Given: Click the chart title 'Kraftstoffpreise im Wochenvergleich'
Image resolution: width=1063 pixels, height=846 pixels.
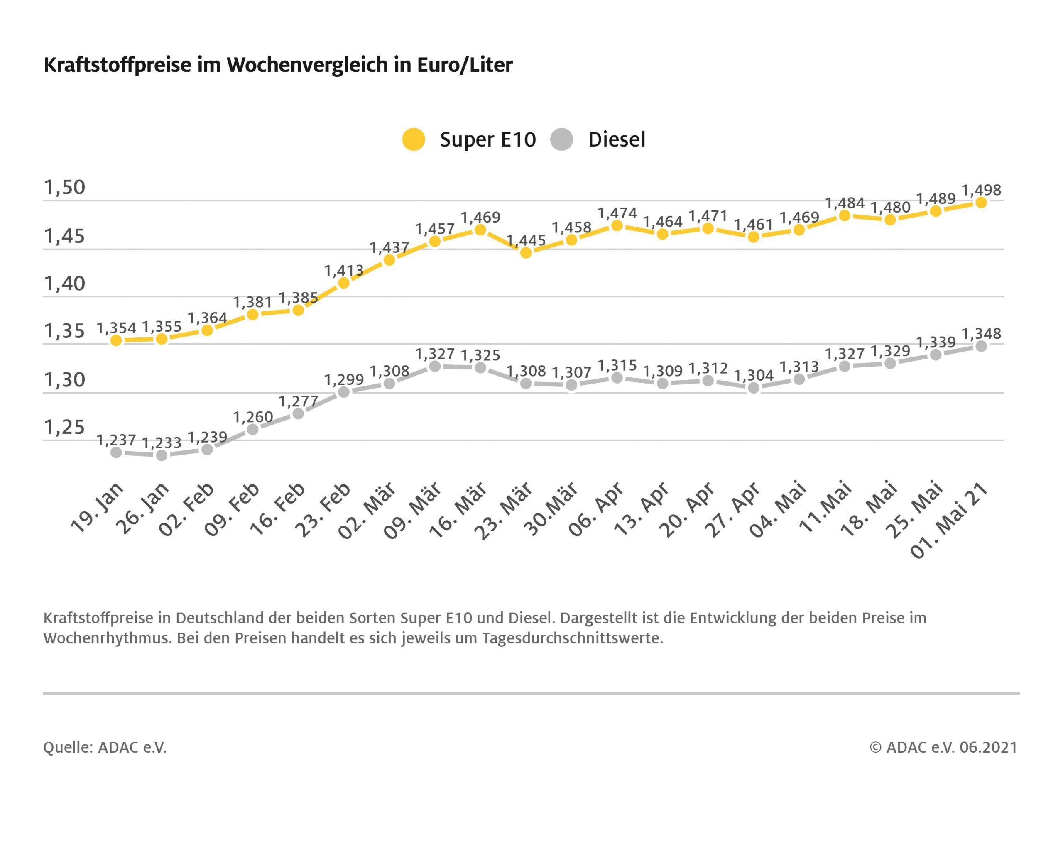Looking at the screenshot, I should [278, 65].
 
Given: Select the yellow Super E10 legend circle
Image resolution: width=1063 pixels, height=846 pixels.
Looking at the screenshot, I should [413, 139].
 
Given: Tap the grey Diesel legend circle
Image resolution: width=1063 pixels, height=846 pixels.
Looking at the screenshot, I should [561, 139].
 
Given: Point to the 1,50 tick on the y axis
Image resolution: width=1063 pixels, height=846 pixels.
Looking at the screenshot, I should [65, 187].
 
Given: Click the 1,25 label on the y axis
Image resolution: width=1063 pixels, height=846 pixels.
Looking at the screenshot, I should [65, 427].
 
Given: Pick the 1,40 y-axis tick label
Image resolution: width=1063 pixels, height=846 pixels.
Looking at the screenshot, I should [65, 284].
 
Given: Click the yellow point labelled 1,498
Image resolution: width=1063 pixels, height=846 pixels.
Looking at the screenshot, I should [981, 203].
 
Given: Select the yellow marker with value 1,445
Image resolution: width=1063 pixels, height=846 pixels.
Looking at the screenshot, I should [526, 253].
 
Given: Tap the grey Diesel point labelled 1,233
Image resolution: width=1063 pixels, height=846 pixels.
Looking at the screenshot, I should [161, 455].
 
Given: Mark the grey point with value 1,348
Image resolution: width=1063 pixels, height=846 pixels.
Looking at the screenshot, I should [981, 346].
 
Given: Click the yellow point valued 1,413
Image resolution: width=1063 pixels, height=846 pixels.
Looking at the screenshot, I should [344, 283].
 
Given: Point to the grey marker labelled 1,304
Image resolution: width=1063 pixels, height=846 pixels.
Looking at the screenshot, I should [753, 388].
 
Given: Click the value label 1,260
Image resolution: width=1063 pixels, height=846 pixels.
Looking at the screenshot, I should [252, 417].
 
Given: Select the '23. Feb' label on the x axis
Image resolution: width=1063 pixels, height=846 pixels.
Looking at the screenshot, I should [323, 510].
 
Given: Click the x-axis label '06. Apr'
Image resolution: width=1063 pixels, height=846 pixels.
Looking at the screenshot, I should [596, 510].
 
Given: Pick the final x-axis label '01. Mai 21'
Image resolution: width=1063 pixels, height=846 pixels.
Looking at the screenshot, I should [949, 520].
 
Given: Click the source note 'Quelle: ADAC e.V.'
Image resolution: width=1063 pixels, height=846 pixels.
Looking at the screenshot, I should [105, 747].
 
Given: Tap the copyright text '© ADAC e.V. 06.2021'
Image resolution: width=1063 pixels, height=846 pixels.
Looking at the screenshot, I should [943, 747].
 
